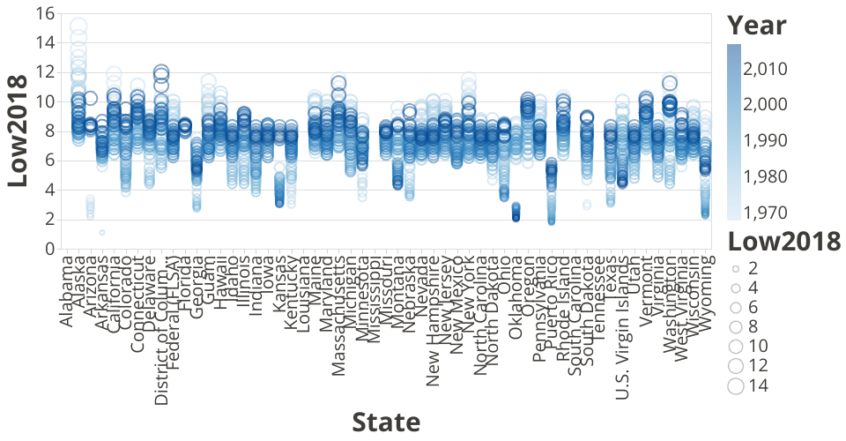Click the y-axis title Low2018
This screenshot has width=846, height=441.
point(24,130)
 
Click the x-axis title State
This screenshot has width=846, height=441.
point(386,422)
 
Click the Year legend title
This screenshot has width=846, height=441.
point(757,24)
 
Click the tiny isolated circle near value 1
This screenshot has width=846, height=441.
point(102,233)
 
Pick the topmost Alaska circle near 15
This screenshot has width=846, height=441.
point(78,26)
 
